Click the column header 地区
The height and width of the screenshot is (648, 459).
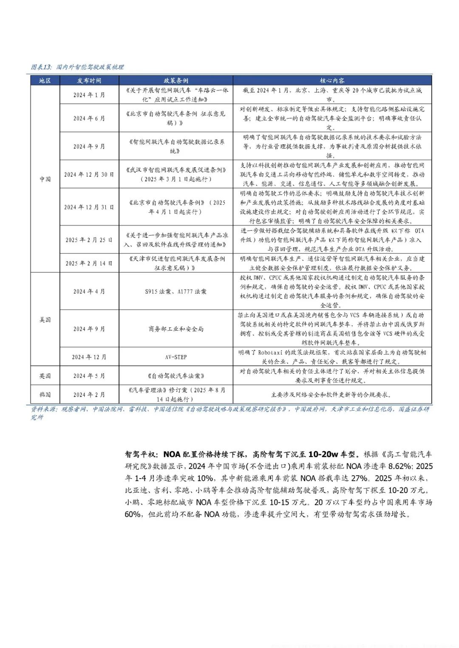tap(45, 80)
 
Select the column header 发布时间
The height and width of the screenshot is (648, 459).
tap(89, 80)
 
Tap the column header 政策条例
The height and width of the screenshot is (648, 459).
tap(176, 80)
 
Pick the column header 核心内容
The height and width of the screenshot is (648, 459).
tap(332, 80)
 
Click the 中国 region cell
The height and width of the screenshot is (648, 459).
tap(45, 179)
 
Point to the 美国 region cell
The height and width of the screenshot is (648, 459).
tap(45, 319)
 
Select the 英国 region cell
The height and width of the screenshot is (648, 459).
tap(45, 376)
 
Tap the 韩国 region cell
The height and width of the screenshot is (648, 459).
tap(45, 394)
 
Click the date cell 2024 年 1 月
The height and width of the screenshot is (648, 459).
tap(89, 95)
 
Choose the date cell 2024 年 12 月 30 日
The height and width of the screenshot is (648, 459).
tap(89, 174)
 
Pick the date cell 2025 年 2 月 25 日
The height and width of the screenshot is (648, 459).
tap(89, 240)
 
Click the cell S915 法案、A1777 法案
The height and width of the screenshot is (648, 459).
tap(176, 291)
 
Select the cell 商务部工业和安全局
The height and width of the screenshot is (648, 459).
tap(176, 329)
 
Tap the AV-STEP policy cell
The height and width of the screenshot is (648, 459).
tap(176, 357)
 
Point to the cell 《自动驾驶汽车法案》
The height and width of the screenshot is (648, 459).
tap(176, 376)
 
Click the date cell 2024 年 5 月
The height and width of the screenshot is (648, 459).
tap(89, 376)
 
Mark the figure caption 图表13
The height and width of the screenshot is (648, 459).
tap(41, 67)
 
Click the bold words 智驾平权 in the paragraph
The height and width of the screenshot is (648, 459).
tap(140, 454)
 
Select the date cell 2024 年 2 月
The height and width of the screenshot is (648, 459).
tap(89, 394)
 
